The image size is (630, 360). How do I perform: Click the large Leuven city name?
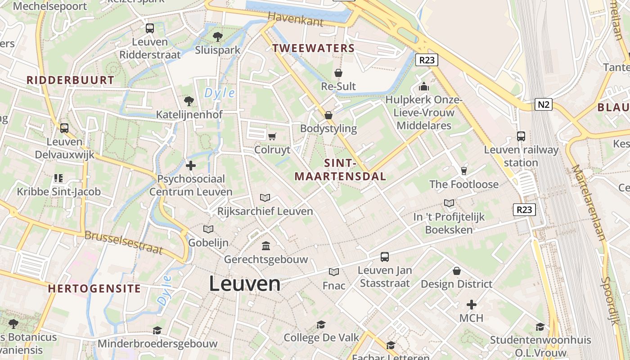coord(244,284)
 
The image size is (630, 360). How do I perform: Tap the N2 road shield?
coord(544,105)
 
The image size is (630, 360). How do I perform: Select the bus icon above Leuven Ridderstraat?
coord(150,28)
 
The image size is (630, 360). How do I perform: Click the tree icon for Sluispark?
coord(218,36)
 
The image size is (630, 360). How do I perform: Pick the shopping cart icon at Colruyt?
coord(272,136)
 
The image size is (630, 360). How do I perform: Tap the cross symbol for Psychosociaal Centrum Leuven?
coord(191,166)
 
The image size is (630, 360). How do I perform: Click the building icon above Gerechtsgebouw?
coord(266,246)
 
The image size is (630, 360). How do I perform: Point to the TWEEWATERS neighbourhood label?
coord(314,48)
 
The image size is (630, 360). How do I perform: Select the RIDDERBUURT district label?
coord(70,80)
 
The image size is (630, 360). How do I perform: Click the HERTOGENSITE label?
coord(94,288)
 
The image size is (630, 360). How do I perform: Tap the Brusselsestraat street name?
coord(123,242)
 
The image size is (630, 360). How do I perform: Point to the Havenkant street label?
coord(295,19)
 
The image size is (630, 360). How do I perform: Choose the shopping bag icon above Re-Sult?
coord(338,73)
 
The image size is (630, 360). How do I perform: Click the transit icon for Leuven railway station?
coord(521,136)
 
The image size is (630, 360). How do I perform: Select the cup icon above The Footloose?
coord(464,171)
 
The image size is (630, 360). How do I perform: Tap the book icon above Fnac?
coord(333,272)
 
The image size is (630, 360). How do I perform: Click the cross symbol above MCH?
coord(471,305)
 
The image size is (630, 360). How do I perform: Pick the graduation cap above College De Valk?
coord(321,324)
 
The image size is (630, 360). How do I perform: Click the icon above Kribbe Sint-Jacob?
coord(58,178)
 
